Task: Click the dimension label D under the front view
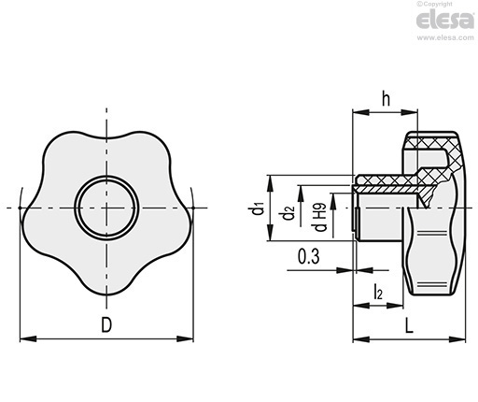(106, 324)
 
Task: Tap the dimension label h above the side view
(386, 99)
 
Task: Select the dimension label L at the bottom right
(409, 325)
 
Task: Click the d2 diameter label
(288, 211)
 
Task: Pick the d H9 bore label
(320, 218)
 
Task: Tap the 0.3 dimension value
(309, 257)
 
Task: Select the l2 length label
(378, 292)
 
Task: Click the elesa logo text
(445, 21)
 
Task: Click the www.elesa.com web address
(445, 37)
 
